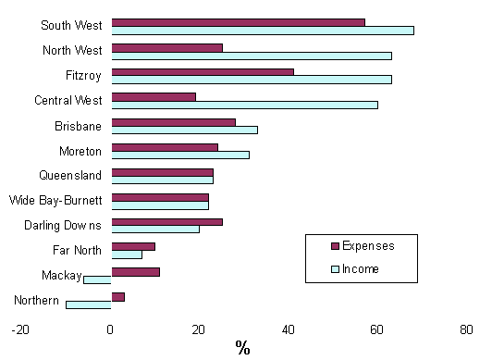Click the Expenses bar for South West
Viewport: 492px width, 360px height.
(238, 22)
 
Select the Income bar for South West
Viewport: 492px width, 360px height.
(262, 30)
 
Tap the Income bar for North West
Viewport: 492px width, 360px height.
(251, 55)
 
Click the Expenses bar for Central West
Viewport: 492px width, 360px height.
(154, 96)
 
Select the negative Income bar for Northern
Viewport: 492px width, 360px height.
(88, 304)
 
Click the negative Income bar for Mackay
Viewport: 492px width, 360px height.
(97, 279)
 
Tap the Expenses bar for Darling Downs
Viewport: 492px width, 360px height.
(166, 221)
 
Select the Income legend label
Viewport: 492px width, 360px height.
(361, 269)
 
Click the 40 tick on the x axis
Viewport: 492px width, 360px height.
(289, 329)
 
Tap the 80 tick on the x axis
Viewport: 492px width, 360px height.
(466, 329)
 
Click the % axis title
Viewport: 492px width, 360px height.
(242, 348)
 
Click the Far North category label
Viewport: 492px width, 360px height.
(80, 250)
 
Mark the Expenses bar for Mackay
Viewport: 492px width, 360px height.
(135, 271)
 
